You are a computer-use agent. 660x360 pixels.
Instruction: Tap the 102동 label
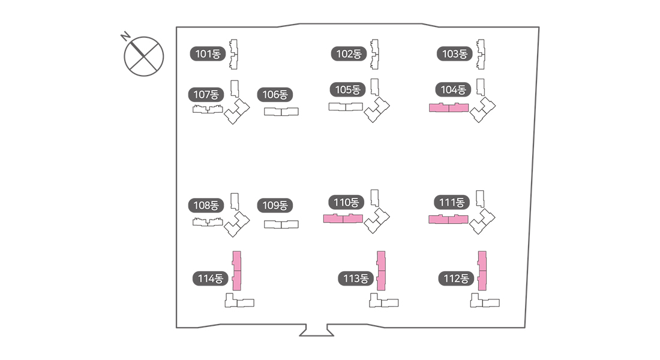point(349,54)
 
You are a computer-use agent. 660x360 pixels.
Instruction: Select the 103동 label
point(454,54)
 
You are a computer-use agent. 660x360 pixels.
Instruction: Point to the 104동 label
point(453,90)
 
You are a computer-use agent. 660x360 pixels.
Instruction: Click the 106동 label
point(275,95)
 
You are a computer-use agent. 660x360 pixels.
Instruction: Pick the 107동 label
point(206,95)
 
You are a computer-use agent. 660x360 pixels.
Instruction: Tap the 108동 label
point(206,205)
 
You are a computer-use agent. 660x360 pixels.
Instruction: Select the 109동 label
point(275,205)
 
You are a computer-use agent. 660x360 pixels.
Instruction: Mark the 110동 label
point(346,203)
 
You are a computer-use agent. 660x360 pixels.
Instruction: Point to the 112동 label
point(457,278)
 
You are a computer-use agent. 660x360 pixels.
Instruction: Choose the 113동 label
point(356,278)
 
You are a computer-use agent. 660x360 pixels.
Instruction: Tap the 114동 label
point(211,278)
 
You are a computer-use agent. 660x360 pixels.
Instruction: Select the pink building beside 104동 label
point(448,108)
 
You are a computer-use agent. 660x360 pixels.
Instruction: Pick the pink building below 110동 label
point(343,218)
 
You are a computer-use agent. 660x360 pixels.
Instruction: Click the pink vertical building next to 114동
point(237,271)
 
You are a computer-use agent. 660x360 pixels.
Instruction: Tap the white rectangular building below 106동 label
point(281,112)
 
